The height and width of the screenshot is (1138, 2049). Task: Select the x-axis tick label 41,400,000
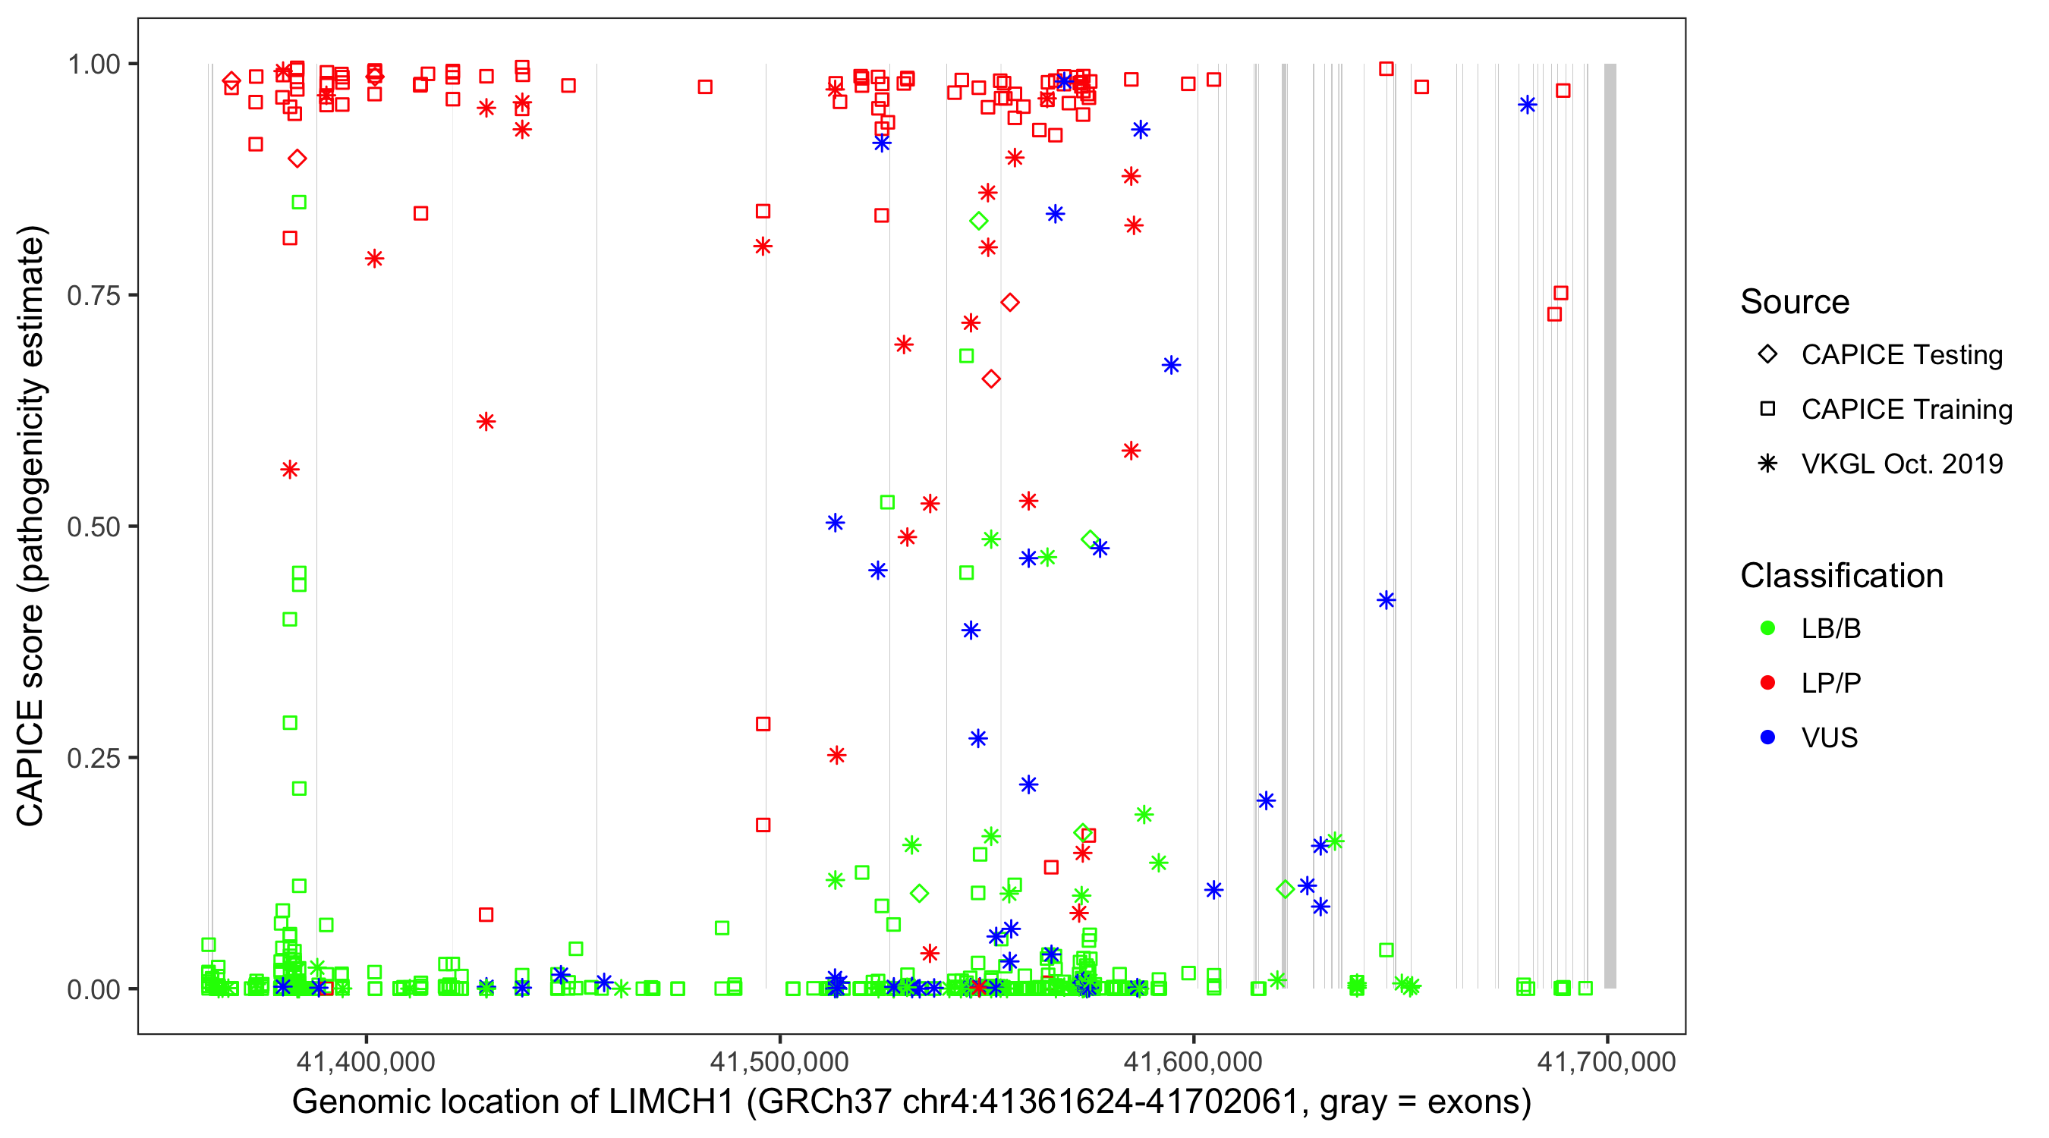point(366,1061)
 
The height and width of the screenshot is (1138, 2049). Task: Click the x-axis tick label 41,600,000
point(1193,1061)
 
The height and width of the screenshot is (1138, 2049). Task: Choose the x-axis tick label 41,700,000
point(1606,1061)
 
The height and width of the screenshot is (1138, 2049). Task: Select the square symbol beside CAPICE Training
point(1767,410)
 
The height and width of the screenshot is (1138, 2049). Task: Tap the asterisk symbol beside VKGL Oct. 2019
point(1767,464)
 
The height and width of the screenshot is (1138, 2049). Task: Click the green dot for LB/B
point(1767,628)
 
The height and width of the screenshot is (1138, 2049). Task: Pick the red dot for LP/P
point(1767,683)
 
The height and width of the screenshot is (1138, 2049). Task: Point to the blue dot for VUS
point(1767,737)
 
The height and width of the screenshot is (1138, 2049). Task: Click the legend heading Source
point(1795,302)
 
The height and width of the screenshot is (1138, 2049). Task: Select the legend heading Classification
point(1841,576)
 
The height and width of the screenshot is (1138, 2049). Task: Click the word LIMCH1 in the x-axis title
point(672,1102)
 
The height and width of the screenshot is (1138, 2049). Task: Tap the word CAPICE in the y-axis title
point(30,763)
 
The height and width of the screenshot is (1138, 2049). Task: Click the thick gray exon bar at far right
point(1610,525)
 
